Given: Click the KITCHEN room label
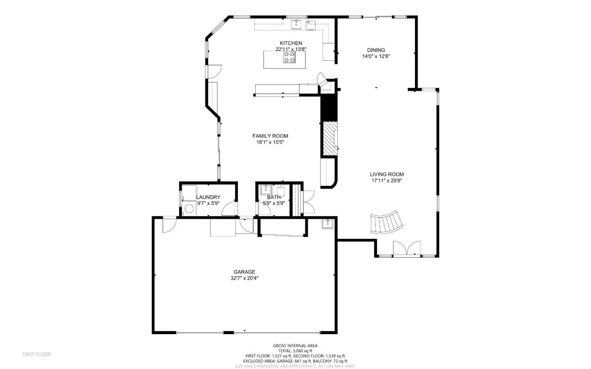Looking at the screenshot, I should click(x=291, y=43).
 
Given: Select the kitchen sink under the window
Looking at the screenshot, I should click(x=296, y=24).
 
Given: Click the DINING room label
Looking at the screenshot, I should click(x=376, y=50).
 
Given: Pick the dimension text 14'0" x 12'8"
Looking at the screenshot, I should click(x=376, y=57).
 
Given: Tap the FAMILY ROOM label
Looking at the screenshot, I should click(x=270, y=136).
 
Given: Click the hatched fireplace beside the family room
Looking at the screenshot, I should click(x=329, y=139).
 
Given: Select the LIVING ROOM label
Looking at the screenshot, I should click(x=387, y=174).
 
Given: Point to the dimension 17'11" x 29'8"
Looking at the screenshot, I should click(x=387, y=181).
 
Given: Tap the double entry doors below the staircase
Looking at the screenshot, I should click(x=406, y=249).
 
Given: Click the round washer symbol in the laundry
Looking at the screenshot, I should click(x=189, y=209).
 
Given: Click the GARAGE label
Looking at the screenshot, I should click(x=244, y=272).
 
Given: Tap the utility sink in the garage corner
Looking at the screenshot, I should click(x=327, y=224).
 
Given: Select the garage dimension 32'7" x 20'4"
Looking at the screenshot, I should click(x=244, y=278).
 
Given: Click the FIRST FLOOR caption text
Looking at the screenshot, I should click(x=37, y=354).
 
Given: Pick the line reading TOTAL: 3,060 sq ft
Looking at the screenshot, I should click(x=295, y=351).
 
